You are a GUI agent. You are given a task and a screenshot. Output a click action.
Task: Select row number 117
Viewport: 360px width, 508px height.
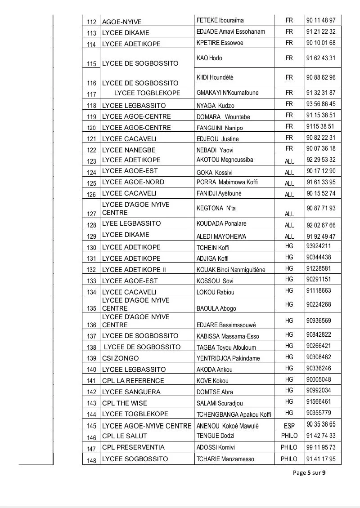(x=91, y=94)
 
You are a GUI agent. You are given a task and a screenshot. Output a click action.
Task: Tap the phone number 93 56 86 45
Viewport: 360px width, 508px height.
(x=321, y=104)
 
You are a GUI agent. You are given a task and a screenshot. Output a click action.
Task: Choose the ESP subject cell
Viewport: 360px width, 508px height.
(x=289, y=424)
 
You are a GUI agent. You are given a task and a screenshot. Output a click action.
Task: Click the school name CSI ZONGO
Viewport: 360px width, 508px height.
(x=121, y=358)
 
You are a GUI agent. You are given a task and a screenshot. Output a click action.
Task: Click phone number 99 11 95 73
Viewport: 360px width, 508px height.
(x=321, y=447)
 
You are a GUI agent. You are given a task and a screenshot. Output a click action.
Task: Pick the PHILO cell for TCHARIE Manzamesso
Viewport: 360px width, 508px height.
(x=289, y=459)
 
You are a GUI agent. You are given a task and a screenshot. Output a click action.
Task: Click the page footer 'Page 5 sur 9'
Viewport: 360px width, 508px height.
(x=309, y=472)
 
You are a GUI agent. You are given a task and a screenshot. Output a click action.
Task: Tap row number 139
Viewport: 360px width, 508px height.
(x=91, y=359)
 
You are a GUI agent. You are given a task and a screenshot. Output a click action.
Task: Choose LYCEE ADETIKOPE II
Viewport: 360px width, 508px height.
(x=134, y=269)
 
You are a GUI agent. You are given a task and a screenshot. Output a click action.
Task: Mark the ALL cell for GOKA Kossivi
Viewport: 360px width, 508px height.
(x=289, y=172)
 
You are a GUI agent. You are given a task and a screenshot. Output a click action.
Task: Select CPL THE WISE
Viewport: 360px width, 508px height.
(x=125, y=403)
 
